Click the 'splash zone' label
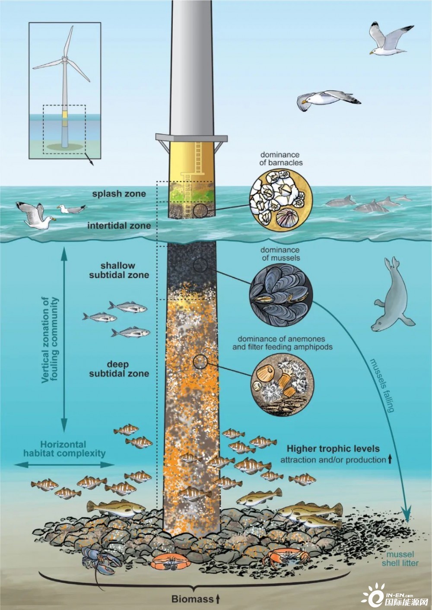pyautogui.click(x=119, y=194)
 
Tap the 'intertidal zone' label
pyautogui.click(x=119, y=226)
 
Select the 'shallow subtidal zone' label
pyautogui.click(x=119, y=270)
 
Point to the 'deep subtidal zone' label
pyautogui.click(x=119, y=369)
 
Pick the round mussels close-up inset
pyautogui.click(x=281, y=295)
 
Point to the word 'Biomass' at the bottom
pyautogui.click(x=192, y=599)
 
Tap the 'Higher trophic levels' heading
pyautogui.click(x=333, y=448)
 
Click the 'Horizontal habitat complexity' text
pyautogui.click(x=64, y=449)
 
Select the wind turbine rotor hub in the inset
pyautogui.click(x=64, y=58)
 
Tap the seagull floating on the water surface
pyautogui.click(x=71, y=209)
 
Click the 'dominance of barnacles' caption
pyautogui.click(x=282, y=159)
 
